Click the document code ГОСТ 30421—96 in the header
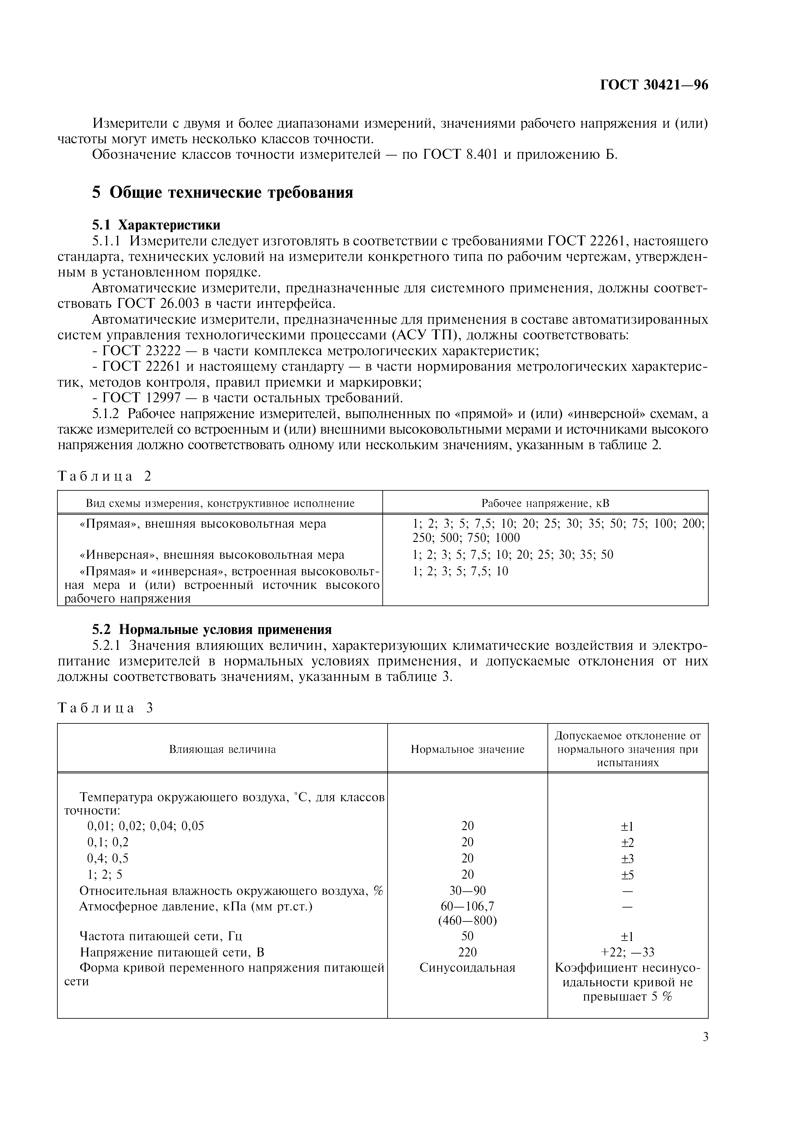coord(654,85)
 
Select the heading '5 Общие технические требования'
coord(222,192)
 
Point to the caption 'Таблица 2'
coord(104,476)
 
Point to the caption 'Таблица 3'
coord(105,708)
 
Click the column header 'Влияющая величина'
coord(222,749)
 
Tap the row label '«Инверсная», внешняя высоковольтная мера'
coord(211,555)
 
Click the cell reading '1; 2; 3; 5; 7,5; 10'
coord(460,571)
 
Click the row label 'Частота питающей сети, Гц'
coord(161,936)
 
